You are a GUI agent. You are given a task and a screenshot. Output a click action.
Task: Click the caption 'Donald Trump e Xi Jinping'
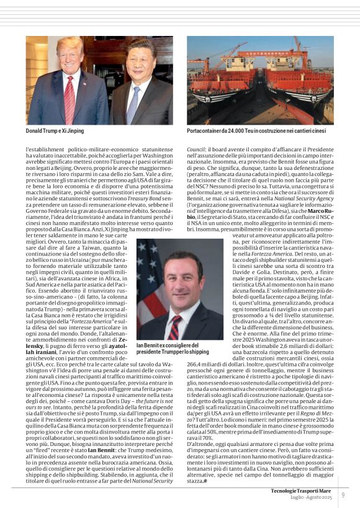point(55,131)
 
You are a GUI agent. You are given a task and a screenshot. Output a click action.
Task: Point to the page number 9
point(343,494)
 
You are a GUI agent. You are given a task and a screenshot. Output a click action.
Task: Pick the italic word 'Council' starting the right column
point(196,150)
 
